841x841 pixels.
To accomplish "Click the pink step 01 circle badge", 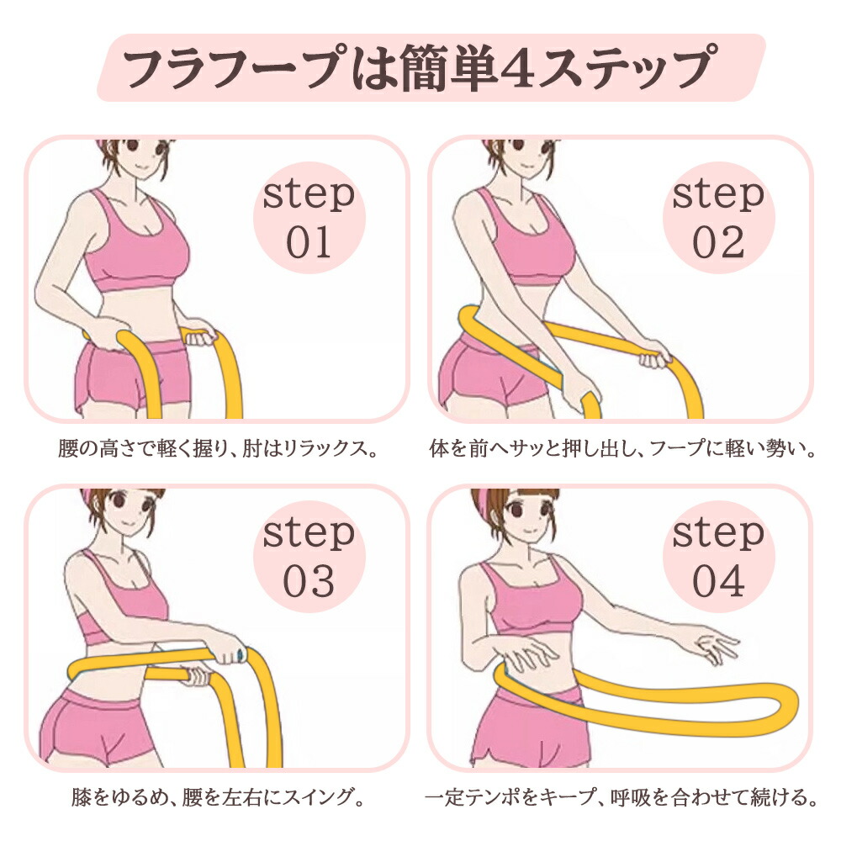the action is coord(309,218).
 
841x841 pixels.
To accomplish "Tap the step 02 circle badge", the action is coord(719,218).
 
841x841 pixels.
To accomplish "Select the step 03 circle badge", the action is coord(309,557).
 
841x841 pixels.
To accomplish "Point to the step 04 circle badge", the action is coord(719,557).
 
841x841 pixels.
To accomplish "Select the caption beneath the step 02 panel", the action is coord(622,448).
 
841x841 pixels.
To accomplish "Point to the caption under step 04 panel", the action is coord(621,797).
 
